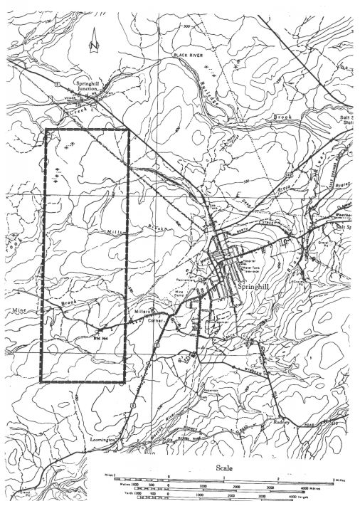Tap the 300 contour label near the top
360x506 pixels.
[x=188, y=26]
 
